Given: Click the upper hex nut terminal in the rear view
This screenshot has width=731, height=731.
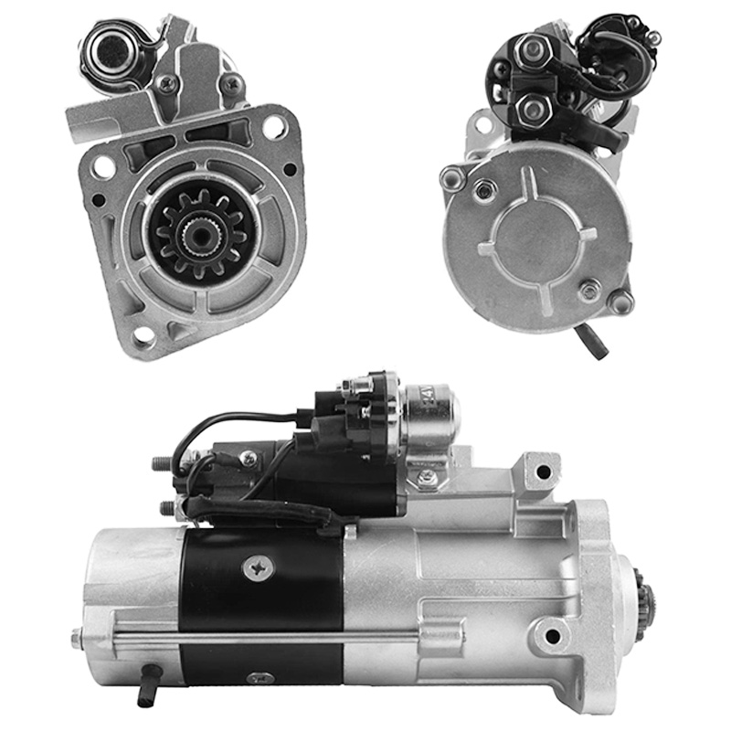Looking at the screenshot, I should [527, 50].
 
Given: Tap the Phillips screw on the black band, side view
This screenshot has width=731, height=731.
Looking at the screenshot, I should [260, 567].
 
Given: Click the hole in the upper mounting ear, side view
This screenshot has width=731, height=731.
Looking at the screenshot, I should [544, 471].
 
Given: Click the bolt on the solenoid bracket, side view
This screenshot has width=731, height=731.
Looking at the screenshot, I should [426, 477].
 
